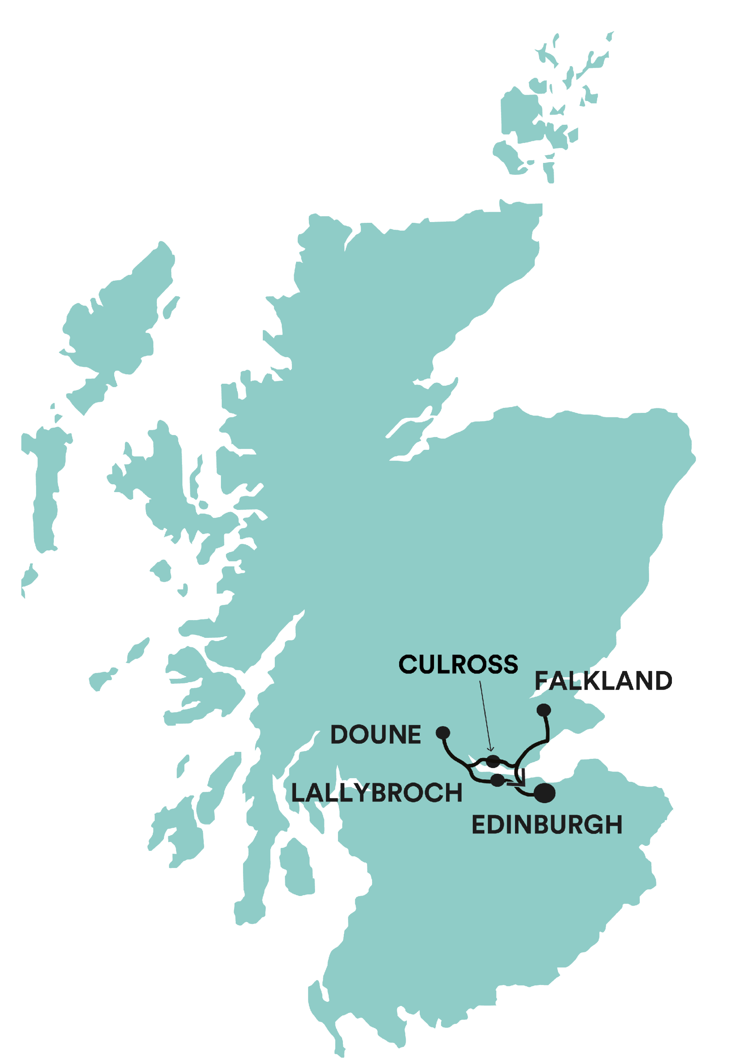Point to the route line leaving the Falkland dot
[x=547, y=730]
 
